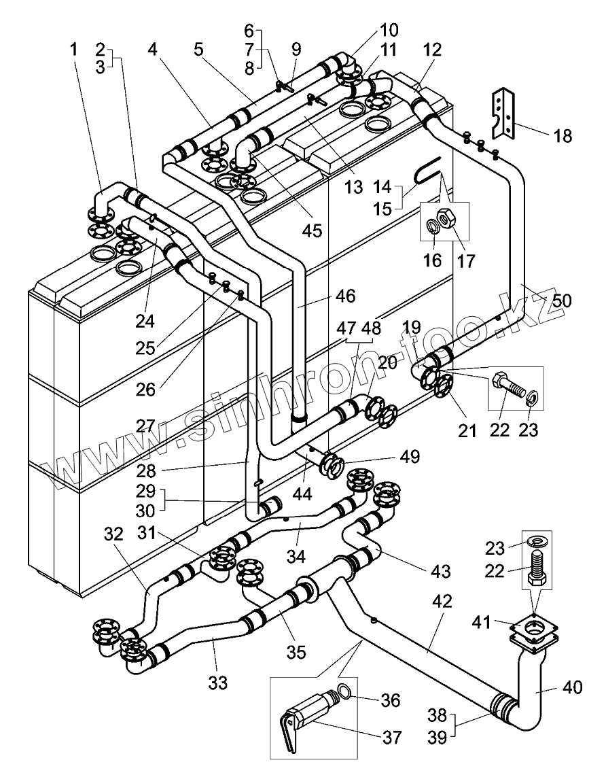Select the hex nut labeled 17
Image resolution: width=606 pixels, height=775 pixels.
(449, 217)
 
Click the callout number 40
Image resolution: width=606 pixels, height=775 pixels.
(573, 687)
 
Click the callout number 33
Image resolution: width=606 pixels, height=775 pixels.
(217, 683)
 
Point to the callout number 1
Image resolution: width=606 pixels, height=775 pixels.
(74, 50)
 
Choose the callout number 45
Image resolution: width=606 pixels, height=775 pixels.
(312, 230)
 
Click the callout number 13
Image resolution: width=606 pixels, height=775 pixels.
(354, 187)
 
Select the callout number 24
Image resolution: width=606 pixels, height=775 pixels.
(145, 322)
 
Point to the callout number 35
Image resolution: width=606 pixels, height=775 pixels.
(296, 652)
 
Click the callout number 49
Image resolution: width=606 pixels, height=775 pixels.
(409, 456)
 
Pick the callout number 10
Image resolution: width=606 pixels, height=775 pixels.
(389, 30)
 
